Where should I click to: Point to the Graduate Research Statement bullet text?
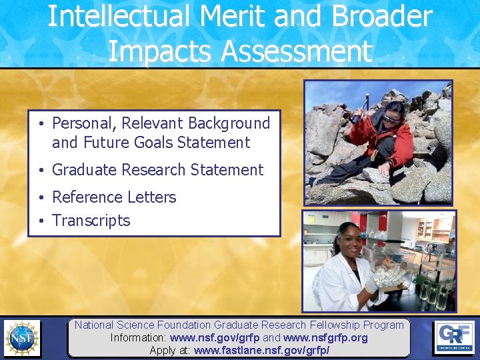157,170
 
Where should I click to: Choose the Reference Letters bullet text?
114,197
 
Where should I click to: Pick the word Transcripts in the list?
91,221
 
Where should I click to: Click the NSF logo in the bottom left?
22,338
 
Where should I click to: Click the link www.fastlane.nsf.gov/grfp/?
261,350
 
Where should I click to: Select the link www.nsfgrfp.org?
325,338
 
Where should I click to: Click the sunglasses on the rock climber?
392,117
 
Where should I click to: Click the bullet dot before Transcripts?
41,221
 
